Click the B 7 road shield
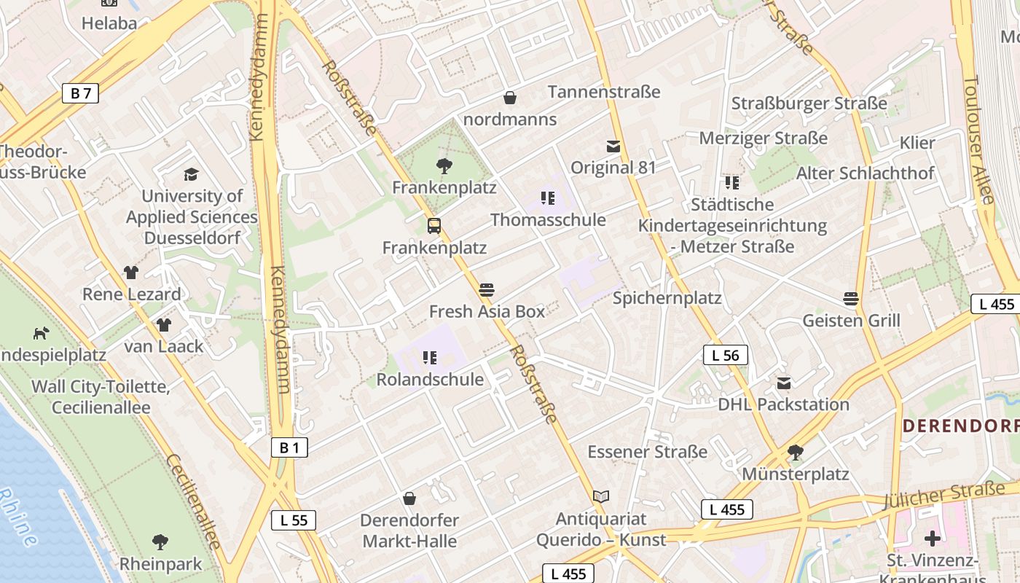point(80,93)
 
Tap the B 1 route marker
point(289,447)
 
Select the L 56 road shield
point(725,355)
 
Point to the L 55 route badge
point(294,520)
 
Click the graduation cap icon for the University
point(191,174)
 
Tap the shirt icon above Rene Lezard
point(131,273)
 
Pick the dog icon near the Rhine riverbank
point(41,333)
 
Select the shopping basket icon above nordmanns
point(510,98)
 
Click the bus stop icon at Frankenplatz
point(434,226)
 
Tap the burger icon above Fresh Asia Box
point(487,289)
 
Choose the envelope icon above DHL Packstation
point(784,383)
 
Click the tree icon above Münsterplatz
point(796,453)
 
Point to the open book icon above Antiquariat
point(600,497)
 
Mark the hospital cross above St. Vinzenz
point(932,539)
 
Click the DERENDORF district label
point(960,426)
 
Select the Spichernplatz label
point(667,298)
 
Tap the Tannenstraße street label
point(603,92)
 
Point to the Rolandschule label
point(430,380)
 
